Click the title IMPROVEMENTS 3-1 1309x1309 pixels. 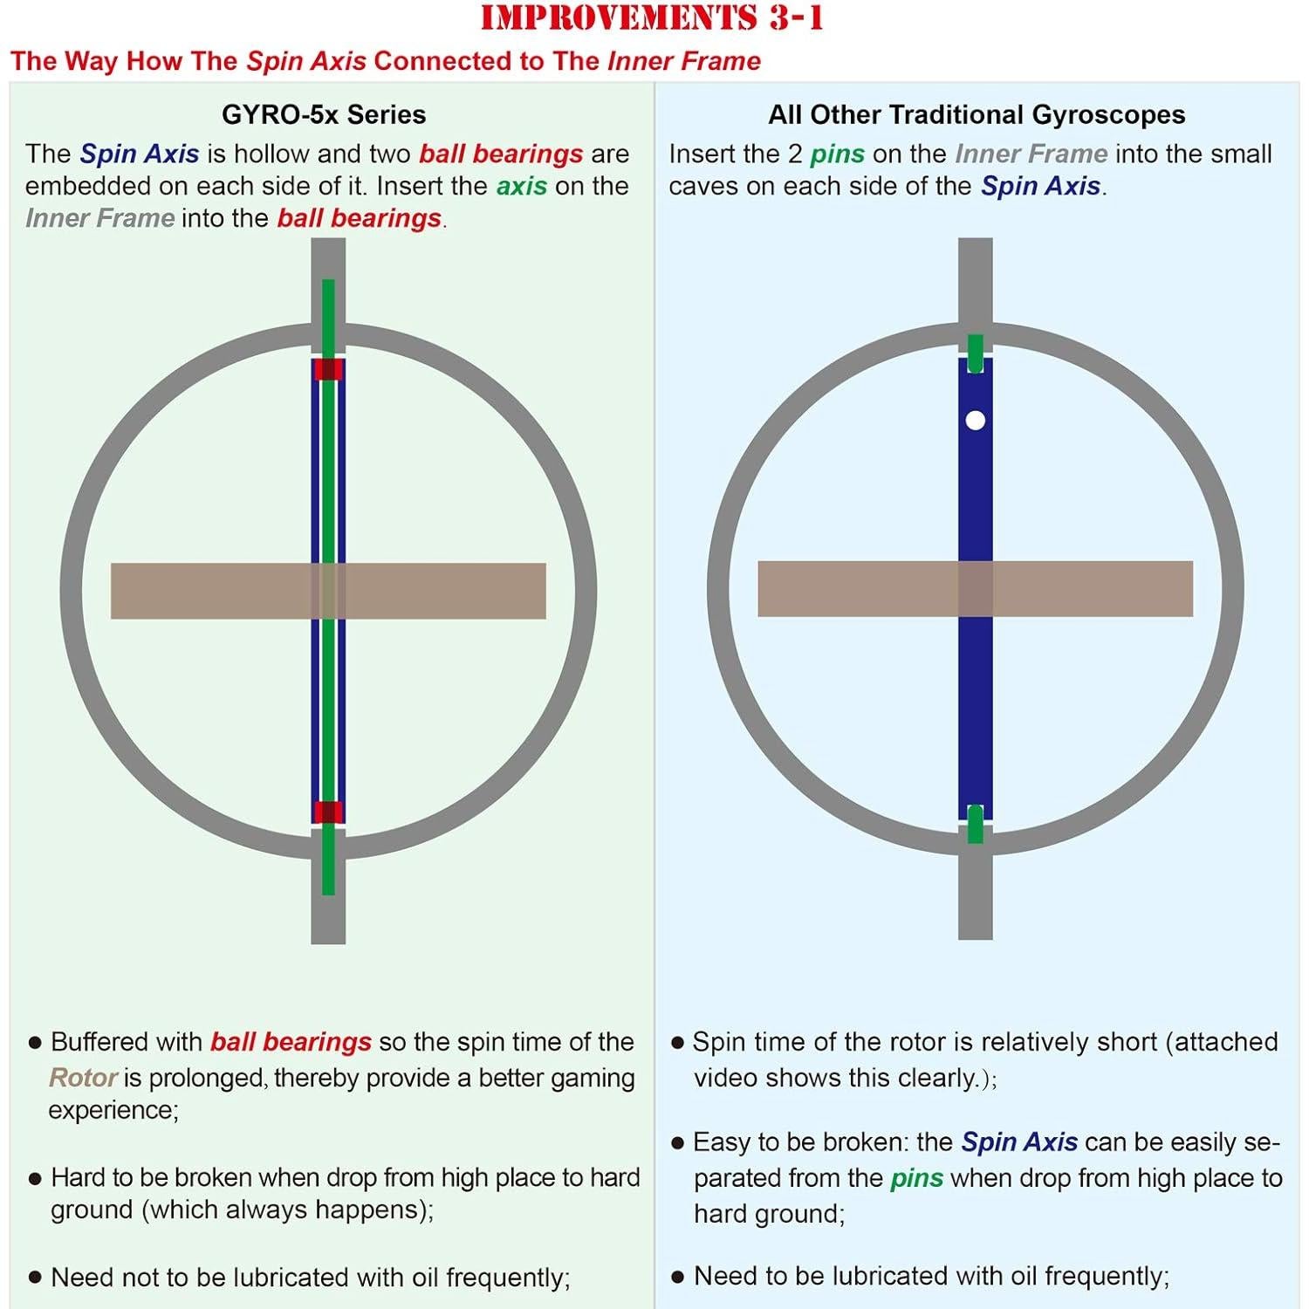[x=652, y=18]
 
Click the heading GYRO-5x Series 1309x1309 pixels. [x=324, y=114]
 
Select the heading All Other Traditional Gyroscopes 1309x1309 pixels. [x=977, y=114]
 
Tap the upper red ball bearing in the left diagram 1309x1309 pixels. [x=328, y=369]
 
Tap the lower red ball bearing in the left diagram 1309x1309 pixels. [x=328, y=812]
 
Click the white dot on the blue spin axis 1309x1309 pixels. [x=976, y=421]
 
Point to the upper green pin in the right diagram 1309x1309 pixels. [x=976, y=353]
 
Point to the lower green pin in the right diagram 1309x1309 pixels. [x=976, y=825]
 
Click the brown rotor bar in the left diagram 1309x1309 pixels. [x=328, y=591]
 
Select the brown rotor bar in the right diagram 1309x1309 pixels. [x=975, y=589]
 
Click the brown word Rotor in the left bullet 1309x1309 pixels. [x=83, y=1078]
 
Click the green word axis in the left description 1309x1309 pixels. [x=522, y=186]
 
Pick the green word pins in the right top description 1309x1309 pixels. [x=837, y=154]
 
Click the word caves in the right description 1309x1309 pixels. [x=704, y=186]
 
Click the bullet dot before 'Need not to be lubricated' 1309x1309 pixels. [x=35, y=1278]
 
